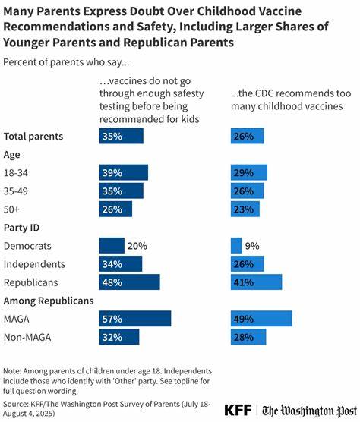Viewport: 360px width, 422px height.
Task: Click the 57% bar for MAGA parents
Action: [135, 319]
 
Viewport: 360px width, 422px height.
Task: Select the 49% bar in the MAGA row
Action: [261, 319]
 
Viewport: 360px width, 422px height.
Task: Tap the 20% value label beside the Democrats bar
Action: [137, 246]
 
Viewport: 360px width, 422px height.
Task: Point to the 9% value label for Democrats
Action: [252, 246]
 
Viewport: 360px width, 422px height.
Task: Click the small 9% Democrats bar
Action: [236, 245]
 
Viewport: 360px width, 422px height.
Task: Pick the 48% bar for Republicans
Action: [129, 282]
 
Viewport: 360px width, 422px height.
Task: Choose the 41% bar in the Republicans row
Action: [257, 282]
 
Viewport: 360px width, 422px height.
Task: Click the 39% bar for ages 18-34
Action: [123, 172]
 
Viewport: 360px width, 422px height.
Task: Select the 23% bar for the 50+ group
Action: [245, 209]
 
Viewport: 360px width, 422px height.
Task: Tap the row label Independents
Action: [34, 264]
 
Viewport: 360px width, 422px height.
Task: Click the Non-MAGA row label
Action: [27, 337]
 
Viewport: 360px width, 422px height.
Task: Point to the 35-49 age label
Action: [16, 191]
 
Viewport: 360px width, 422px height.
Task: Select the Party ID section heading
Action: [21, 228]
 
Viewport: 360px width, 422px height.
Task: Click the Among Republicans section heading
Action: [49, 301]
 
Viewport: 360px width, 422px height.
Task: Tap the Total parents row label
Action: [33, 136]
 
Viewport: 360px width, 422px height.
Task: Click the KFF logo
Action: [238, 410]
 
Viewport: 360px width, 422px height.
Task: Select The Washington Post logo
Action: [310, 411]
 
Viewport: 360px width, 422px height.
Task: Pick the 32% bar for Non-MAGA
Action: [119, 337]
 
